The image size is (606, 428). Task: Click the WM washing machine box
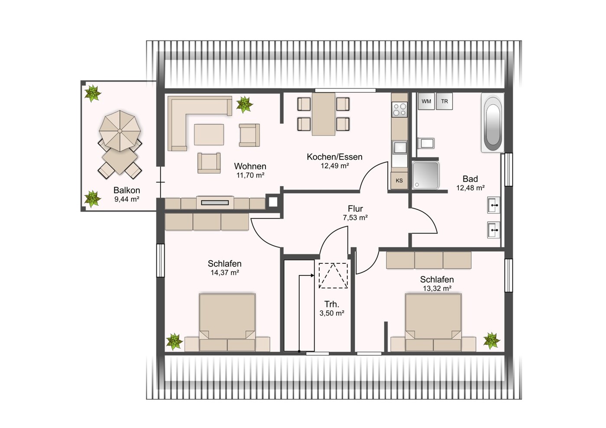tap(426, 101)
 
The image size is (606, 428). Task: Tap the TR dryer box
tap(444, 101)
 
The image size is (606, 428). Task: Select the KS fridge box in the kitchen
tap(399, 181)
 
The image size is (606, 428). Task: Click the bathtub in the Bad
tap(493, 123)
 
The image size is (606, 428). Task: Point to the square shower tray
tap(425, 175)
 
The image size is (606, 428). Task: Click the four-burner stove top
tap(399, 110)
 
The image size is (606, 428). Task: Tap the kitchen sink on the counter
tap(399, 148)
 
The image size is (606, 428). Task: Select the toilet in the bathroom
tap(425, 143)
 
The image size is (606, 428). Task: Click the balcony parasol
tap(120, 131)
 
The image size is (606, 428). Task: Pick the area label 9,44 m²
tap(126, 199)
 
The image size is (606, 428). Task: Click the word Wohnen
tap(250, 166)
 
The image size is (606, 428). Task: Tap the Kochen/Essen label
tap(334, 157)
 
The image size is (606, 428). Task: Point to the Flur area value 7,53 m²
tap(355, 217)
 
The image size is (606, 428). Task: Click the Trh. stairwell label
tap(332, 304)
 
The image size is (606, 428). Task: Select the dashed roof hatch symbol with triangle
tap(333, 276)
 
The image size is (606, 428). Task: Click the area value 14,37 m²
tap(224, 272)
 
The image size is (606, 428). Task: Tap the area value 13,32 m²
tap(437, 289)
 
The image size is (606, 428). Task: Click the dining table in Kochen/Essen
tap(324, 114)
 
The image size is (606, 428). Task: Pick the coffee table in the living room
tap(209, 134)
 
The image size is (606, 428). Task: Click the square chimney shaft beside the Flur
tap(273, 202)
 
